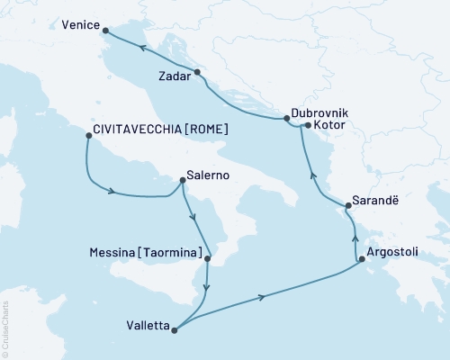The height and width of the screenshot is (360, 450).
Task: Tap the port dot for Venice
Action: click(107, 33)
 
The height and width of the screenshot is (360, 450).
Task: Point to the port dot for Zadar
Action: click(198, 71)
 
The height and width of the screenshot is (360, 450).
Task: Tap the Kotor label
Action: click(329, 127)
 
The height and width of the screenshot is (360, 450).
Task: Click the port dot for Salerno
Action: click(184, 179)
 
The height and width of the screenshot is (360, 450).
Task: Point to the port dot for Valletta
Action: click(175, 329)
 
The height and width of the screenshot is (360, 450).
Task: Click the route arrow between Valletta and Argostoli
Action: click(262, 297)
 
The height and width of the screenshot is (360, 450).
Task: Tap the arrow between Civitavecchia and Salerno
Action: click(112, 190)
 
